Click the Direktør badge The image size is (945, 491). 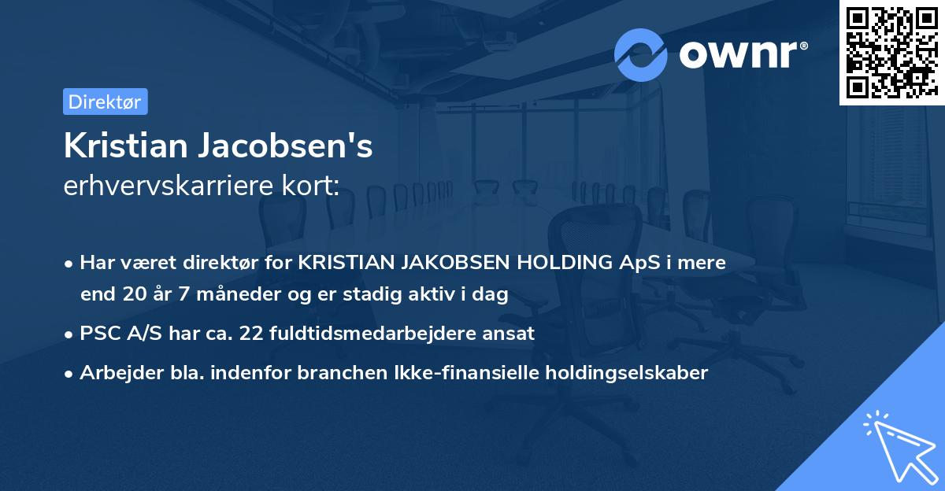click(x=105, y=102)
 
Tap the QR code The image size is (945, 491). click(x=891, y=52)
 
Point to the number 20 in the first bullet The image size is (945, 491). click(x=132, y=295)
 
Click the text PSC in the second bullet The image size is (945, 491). click(x=98, y=333)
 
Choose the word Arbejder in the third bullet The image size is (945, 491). click(x=115, y=373)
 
